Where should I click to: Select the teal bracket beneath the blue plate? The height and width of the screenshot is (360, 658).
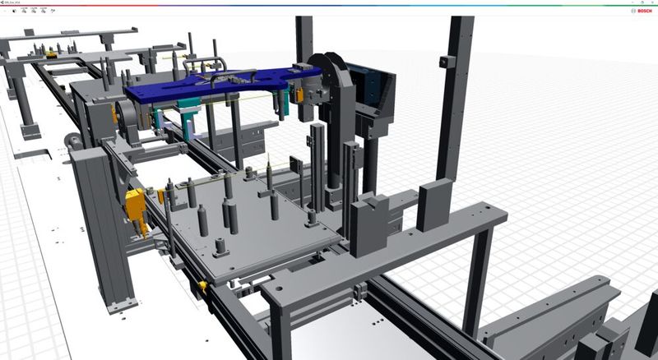tap(190, 116)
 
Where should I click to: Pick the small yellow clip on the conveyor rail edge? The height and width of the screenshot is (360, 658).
tap(202, 286)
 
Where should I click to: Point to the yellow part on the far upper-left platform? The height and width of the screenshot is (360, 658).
tap(52, 54)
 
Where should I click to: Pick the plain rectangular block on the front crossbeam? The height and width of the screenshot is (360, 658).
tap(433, 203)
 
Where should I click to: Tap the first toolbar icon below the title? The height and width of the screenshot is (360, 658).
tap(14, 12)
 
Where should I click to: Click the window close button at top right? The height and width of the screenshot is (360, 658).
tap(652, 3)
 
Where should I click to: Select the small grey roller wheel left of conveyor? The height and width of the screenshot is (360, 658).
tap(76, 141)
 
